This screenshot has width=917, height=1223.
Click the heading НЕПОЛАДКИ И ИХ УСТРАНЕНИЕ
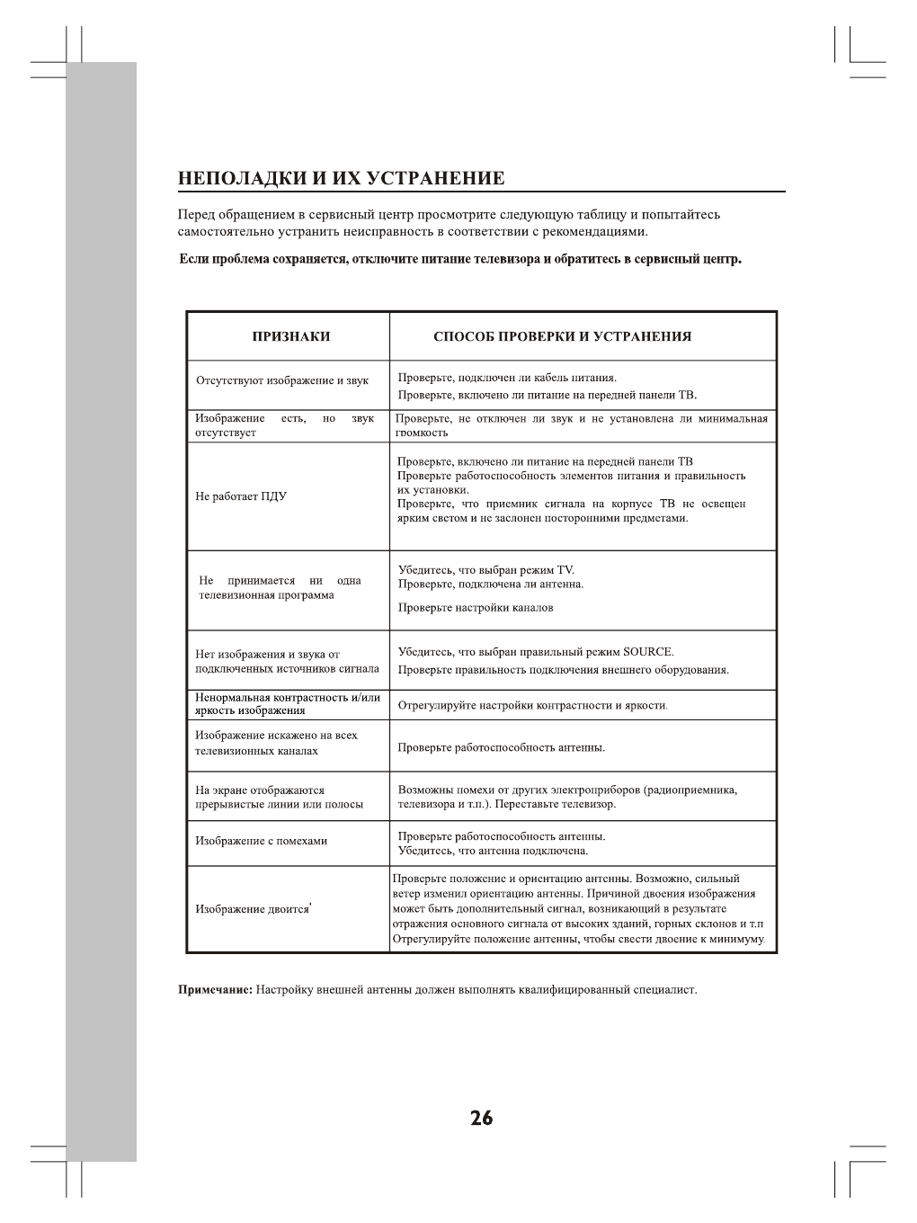pyautogui.click(x=341, y=178)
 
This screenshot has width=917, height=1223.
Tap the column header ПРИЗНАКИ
pyautogui.click(x=290, y=337)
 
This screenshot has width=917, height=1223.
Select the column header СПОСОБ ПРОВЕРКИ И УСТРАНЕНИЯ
pyautogui.click(x=562, y=337)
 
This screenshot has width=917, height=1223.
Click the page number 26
pyautogui.click(x=481, y=1118)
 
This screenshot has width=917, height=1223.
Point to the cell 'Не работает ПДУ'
pyautogui.click(x=241, y=496)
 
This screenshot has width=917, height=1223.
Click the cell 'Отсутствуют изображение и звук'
pyautogui.click(x=282, y=380)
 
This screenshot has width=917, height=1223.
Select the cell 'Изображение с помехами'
pyautogui.click(x=262, y=842)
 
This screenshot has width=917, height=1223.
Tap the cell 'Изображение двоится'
pyautogui.click(x=253, y=909)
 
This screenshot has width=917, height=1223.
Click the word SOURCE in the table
pyautogui.click(x=647, y=652)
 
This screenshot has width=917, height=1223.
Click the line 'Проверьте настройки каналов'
pyautogui.click(x=476, y=608)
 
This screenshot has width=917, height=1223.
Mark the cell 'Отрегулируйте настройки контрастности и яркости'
pyautogui.click(x=532, y=706)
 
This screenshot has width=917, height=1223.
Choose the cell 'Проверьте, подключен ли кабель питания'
pyautogui.click(x=507, y=378)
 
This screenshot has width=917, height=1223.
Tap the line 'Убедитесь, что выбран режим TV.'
pyautogui.click(x=486, y=570)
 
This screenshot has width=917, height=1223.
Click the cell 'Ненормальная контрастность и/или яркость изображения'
pyautogui.click(x=288, y=704)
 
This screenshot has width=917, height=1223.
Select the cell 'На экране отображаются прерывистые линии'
pyautogui.click(x=280, y=798)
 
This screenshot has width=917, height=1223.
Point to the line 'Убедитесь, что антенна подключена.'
pyautogui.click(x=493, y=851)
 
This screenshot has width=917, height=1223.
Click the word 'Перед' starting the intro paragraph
pyautogui.click(x=196, y=215)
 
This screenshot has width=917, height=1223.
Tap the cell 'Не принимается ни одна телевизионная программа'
pyautogui.click(x=280, y=588)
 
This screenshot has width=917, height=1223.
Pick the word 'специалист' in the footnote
pyautogui.click(x=663, y=990)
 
